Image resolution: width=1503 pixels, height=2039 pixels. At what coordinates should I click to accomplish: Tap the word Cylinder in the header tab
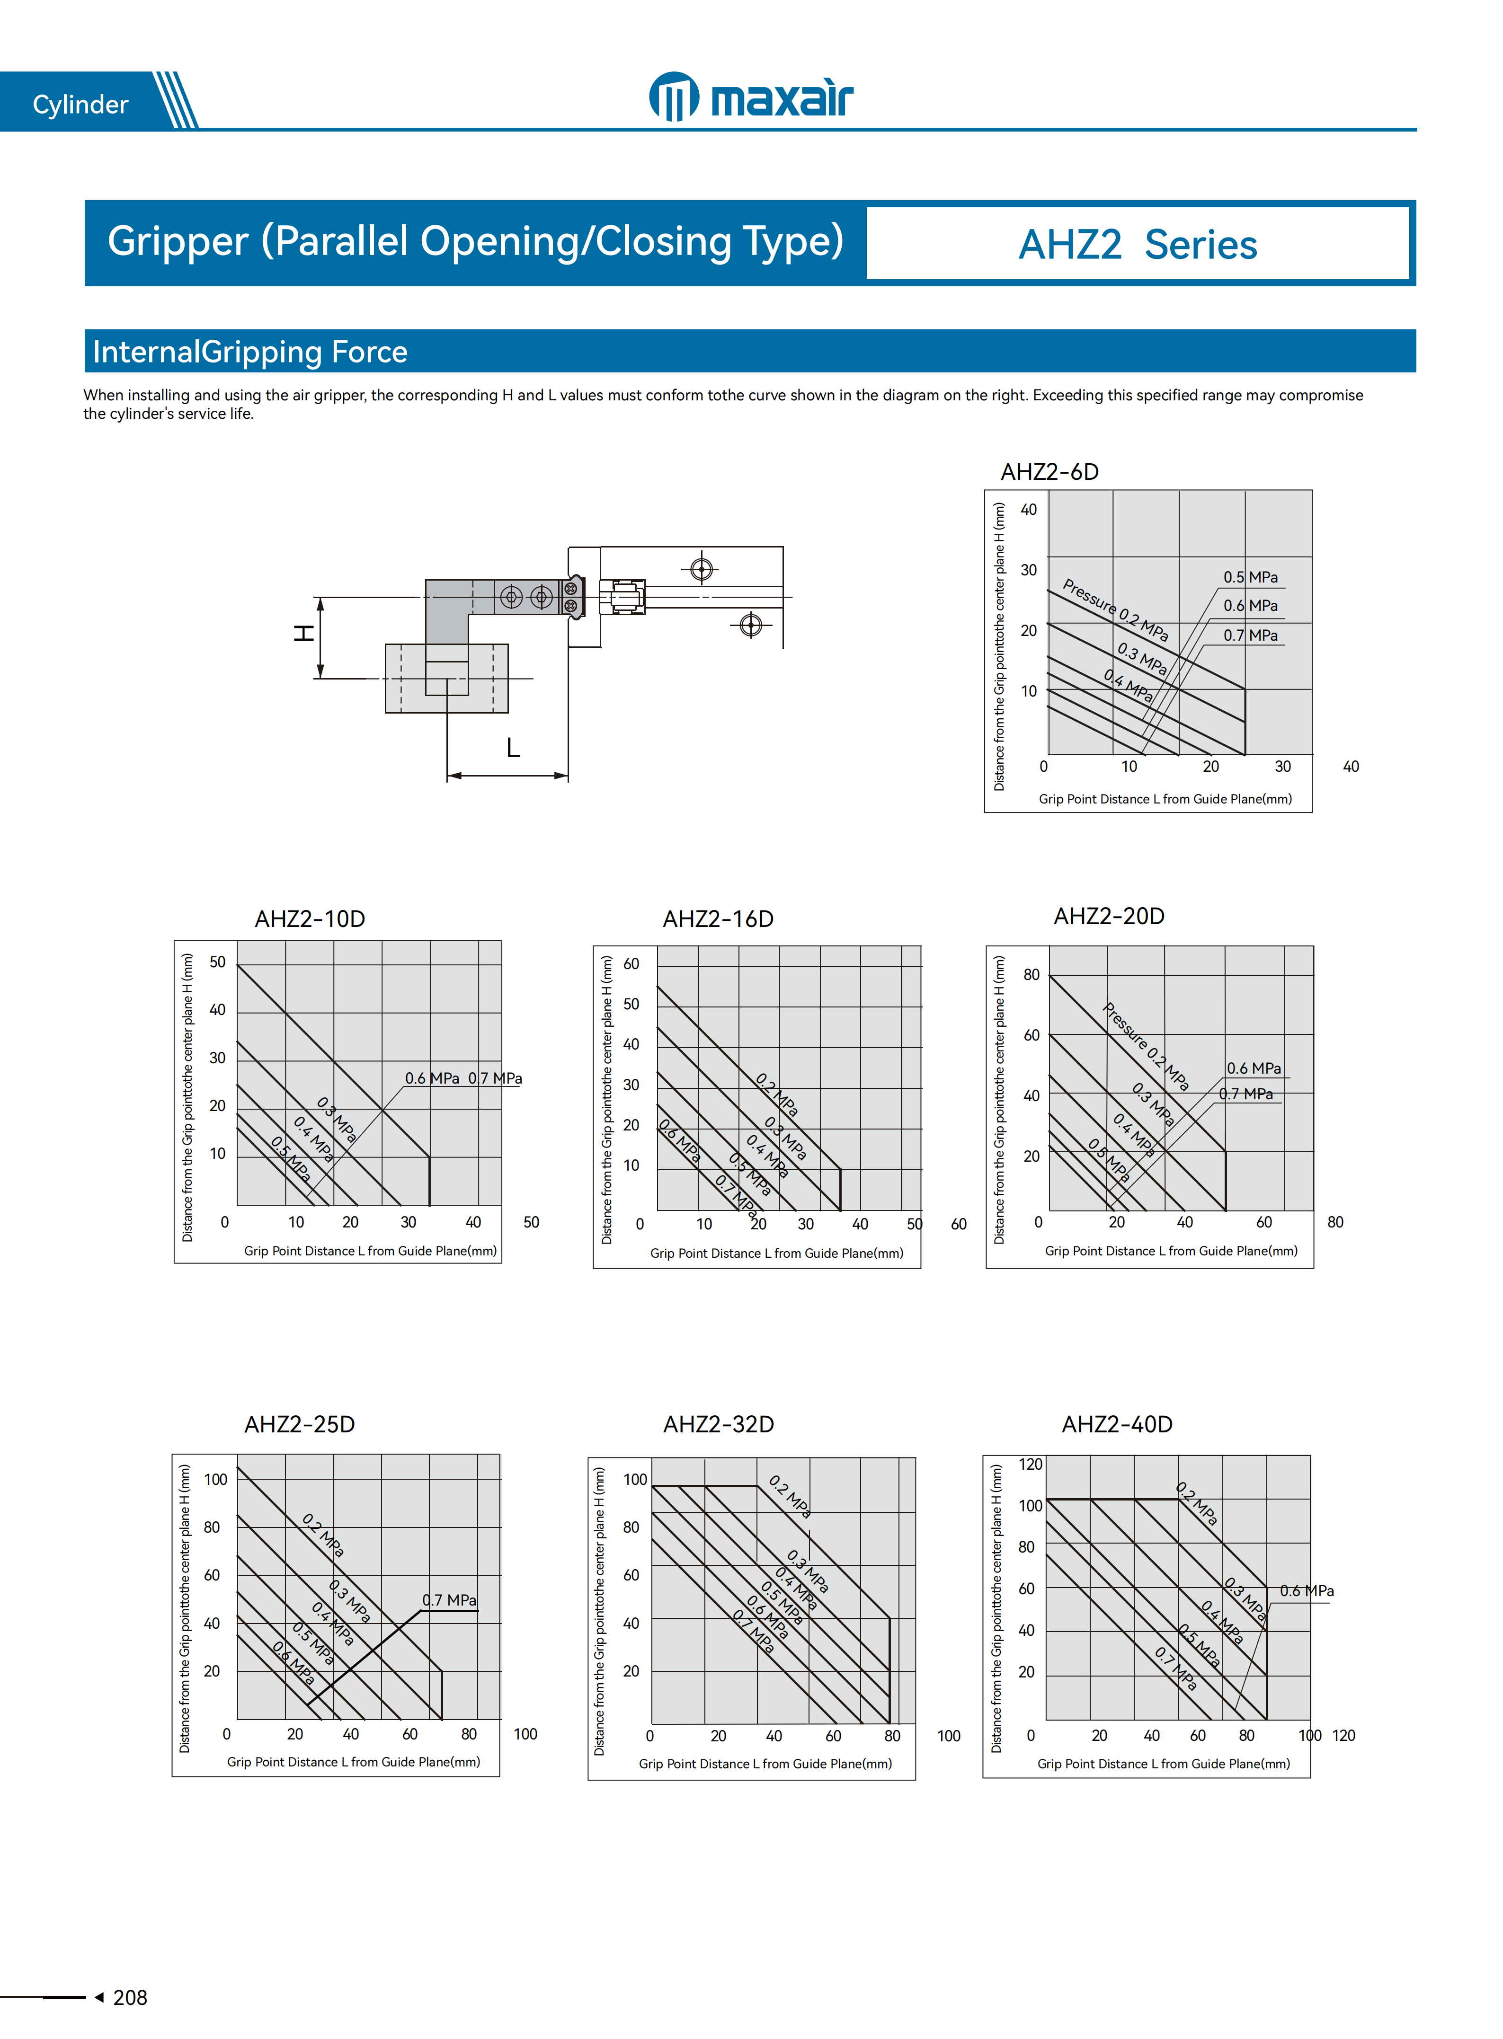tap(80, 105)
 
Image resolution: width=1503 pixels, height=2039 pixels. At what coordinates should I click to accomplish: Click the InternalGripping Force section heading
tap(250, 352)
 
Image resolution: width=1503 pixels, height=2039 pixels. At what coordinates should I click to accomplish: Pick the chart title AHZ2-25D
tap(299, 1424)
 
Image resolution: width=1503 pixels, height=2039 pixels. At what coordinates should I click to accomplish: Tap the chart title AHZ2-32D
tap(718, 1424)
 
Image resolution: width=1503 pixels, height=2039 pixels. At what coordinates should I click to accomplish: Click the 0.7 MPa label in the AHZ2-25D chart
tap(449, 1600)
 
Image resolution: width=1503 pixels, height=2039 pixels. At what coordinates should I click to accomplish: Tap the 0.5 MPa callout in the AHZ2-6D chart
tap(1250, 577)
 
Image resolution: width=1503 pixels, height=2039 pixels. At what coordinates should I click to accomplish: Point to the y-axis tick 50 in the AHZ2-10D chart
tap(217, 962)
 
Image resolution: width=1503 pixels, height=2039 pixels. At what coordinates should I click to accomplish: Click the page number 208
tap(130, 1997)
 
